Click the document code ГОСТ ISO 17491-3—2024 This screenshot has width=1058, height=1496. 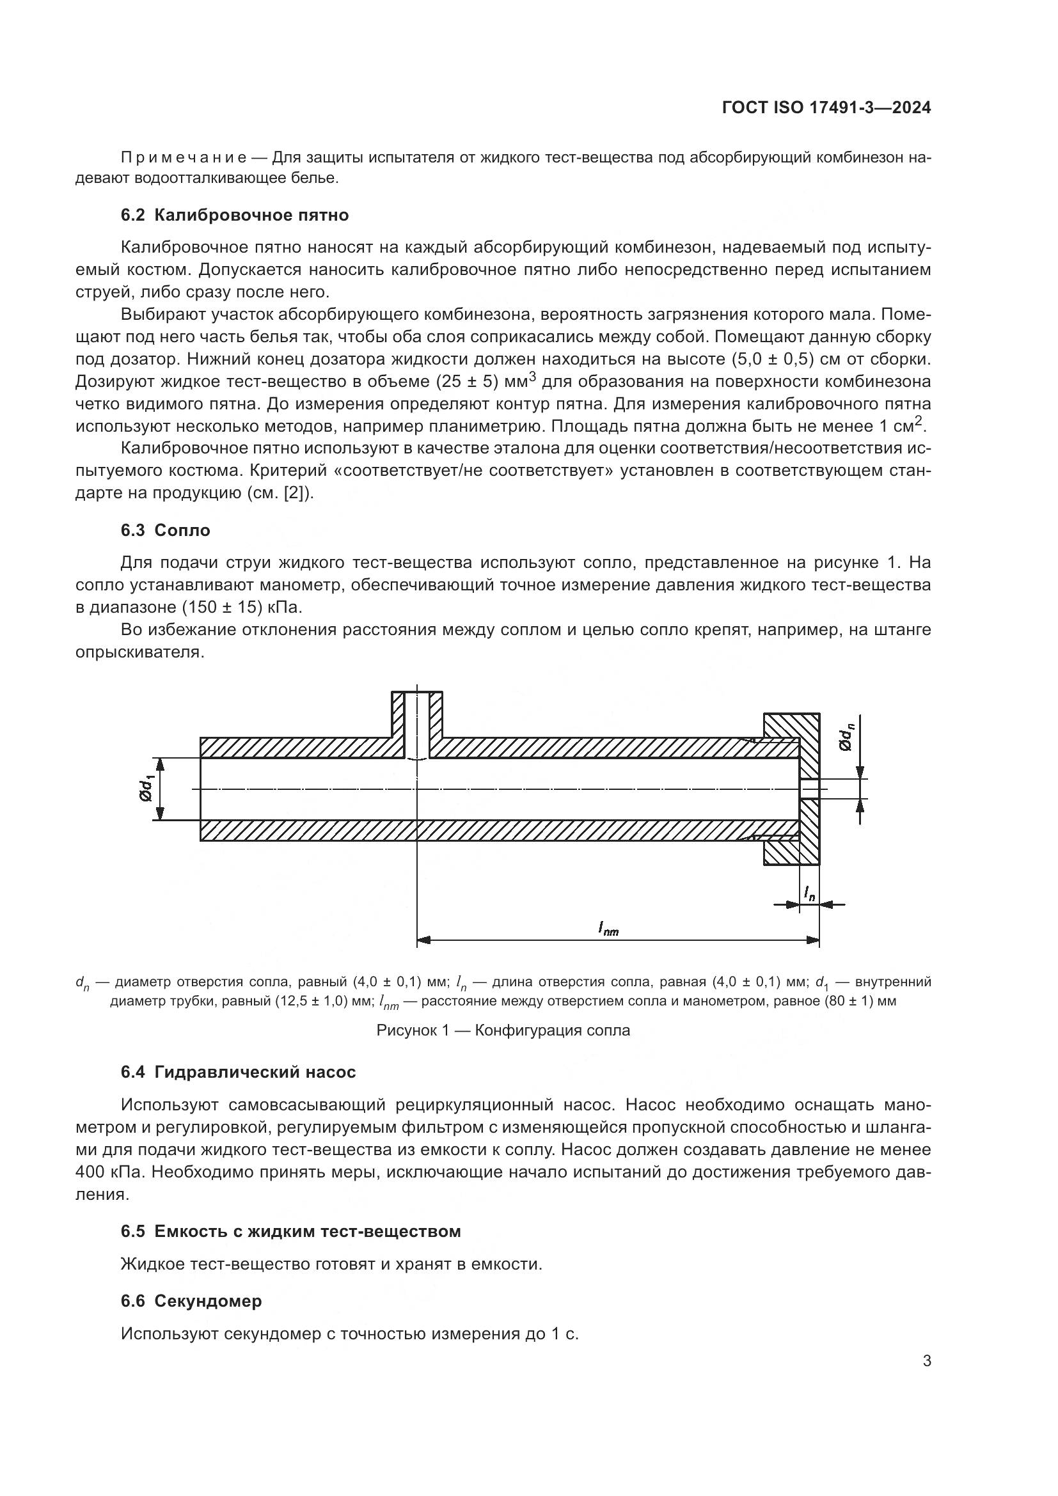pos(826,108)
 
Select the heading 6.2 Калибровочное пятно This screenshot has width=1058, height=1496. pos(235,215)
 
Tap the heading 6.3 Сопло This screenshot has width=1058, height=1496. pos(166,530)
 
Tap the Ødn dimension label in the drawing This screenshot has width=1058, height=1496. pos(846,734)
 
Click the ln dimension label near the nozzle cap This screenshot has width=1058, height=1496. pos(809,894)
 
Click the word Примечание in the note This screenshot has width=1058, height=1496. pos(184,158)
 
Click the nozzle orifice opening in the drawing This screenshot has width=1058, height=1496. pos(810,789)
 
